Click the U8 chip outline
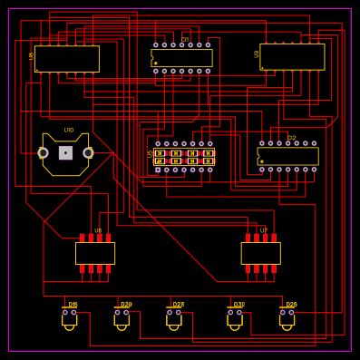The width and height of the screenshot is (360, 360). (x=66, y=59)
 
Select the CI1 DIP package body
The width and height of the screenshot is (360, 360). (x=181, y=57)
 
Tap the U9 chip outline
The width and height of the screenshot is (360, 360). (x=292, y=56)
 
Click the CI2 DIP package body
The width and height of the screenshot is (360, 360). (x=288, y=156)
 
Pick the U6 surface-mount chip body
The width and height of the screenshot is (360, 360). (x=95, y=253)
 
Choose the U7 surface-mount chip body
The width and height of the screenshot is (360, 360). (x=260, y=253)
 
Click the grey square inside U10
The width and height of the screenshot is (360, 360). (x=65, y=152)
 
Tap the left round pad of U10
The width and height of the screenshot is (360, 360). (x=43, y=152)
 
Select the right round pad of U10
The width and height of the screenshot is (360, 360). (x=88, y=152)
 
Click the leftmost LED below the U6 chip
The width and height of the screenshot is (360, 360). (x=69, y=319)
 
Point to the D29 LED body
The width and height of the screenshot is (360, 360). (x=122, y=319)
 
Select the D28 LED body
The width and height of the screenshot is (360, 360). (x=174, y=319)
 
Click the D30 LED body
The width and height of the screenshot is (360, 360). (x=235, y=319)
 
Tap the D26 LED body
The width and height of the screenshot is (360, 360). (x=287, y=319)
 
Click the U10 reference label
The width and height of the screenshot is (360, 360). (x=69, y=131)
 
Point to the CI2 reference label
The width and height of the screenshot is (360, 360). (x=291, y=138)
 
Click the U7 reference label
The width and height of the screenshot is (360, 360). (x=264, y=230)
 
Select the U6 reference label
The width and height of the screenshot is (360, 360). (x=98, y=230)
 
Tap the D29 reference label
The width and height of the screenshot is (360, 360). (x=126, y=305)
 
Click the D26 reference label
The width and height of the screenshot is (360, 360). (x=291, y=305)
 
